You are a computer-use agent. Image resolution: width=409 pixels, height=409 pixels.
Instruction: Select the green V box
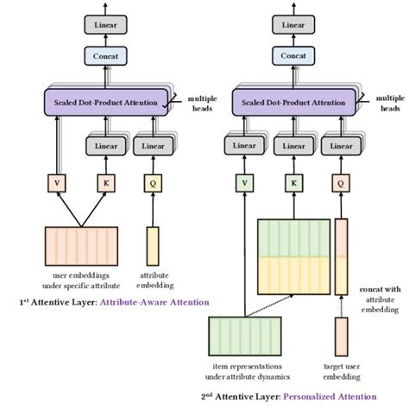(244, 184)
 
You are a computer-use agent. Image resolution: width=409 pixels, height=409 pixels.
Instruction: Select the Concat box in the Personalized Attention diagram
(293, 57)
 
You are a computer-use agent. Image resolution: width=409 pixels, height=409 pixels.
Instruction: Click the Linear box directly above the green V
(245, 146)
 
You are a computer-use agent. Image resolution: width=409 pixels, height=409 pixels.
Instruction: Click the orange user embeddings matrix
(81, 250)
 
